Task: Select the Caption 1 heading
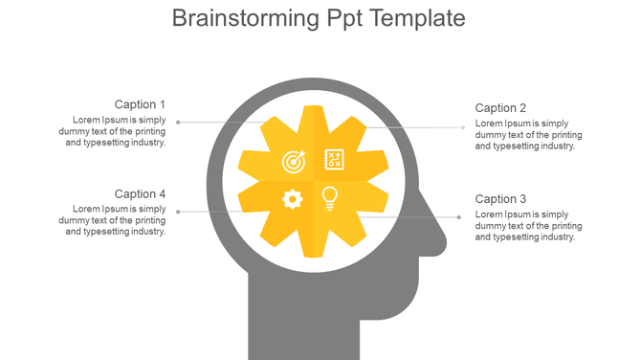(x=140, y=104)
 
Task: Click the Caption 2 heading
(x=500, y=108)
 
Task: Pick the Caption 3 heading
(x=500, y=198)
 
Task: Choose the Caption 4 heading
(x=140, y=194)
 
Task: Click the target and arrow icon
(x=294, y=162)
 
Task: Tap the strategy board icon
(x=334, y=159)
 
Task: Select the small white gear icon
(x=293, y=199)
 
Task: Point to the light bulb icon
(x=330, y=198)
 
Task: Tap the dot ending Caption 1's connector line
(x=179, y=123)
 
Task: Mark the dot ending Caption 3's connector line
(x=459, y=216)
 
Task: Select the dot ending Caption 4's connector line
(x=179, y=212)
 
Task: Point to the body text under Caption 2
(x=528, y=135)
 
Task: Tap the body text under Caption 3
(x=528, y=226)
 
